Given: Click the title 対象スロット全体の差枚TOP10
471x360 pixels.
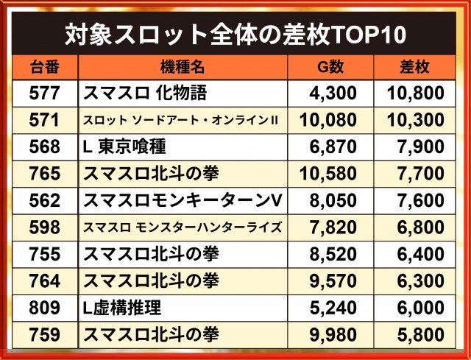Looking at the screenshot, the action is [235, 35].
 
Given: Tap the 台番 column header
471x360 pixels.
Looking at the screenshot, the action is [45, 67].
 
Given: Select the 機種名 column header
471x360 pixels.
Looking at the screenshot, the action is [183, 67].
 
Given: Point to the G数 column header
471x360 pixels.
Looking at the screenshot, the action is [330, 67].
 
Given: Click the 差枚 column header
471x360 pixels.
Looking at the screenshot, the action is [414, 67].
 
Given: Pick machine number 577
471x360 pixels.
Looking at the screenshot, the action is [44, 93].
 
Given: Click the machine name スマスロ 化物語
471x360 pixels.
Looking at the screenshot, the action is [145, 93].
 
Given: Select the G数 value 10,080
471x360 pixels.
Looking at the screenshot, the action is [328, 120].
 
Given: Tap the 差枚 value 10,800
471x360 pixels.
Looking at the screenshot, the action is [415, 93].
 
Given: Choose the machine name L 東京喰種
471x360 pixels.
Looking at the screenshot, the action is [124, 147].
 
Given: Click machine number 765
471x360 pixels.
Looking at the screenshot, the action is [44, 174].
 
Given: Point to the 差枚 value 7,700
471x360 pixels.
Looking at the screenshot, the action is [421, 174].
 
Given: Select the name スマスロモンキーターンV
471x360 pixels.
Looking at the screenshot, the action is [183, 200].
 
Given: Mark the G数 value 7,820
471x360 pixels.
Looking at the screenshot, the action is [333, 227].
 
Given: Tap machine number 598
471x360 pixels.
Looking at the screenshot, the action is [44, 227].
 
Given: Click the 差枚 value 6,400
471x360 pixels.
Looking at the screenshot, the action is [421, 254].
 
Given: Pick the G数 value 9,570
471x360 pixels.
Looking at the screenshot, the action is [333, 281].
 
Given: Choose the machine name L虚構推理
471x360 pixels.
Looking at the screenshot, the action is [122, 308].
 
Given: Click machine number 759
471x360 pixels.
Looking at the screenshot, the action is [44, 334].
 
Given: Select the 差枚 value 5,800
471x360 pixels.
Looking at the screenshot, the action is [421, 335].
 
